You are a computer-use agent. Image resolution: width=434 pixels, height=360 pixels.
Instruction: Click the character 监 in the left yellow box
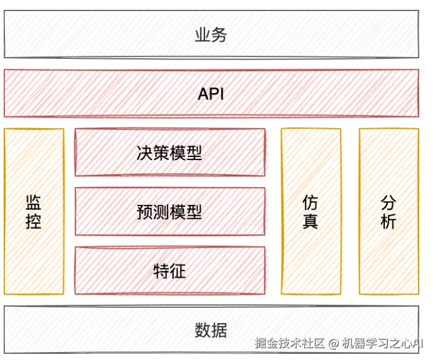click(x=33, y=202)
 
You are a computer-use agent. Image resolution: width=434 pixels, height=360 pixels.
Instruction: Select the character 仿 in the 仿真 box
click(x=310, y=202)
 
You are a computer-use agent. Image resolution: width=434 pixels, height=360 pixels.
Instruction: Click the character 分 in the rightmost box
click(x=388, y=202)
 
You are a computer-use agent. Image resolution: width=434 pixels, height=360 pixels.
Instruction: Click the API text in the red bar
click(x=211, y=94)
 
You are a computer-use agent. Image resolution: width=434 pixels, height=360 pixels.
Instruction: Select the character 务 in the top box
click(x=219, y=35)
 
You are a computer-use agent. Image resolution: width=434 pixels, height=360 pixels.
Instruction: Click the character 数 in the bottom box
click(x=203, y=331)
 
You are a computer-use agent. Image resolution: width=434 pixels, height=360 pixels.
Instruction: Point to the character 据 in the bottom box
click(x=219, y=331)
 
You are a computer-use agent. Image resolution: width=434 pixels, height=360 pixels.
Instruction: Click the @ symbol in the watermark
click(x=333, y=342)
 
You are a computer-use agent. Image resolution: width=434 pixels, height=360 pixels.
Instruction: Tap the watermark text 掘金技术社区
click(x=290, y=342)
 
